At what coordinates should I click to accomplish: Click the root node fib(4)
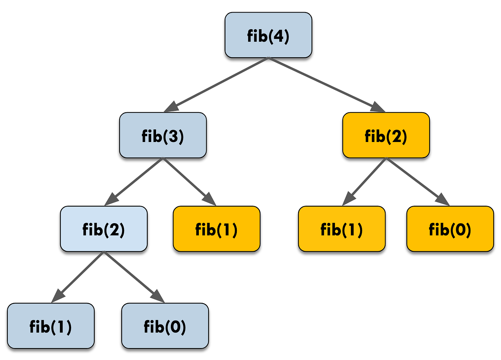tap(268, 35)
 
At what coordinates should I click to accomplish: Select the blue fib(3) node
tap(163, 135)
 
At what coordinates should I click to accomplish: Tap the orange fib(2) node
tap(386, 135)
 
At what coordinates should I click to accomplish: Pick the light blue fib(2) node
tap(104, 229)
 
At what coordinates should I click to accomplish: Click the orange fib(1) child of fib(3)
tap(217, 229)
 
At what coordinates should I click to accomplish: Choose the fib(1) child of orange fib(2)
tap(342, 229)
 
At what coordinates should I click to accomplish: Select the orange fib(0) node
tap(450, 229)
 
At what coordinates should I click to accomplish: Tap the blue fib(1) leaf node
tap(51, 326)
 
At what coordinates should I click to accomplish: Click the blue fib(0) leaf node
tap(165, 326)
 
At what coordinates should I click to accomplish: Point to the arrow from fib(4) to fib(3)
tap(218, 84)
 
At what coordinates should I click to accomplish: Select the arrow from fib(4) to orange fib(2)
tap(325, 84)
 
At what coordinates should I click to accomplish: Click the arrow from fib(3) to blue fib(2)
tap(135, 181)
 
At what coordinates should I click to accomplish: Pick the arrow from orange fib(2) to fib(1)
tap(365, 181)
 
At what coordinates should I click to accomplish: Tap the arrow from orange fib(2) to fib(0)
tap(417, 181)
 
